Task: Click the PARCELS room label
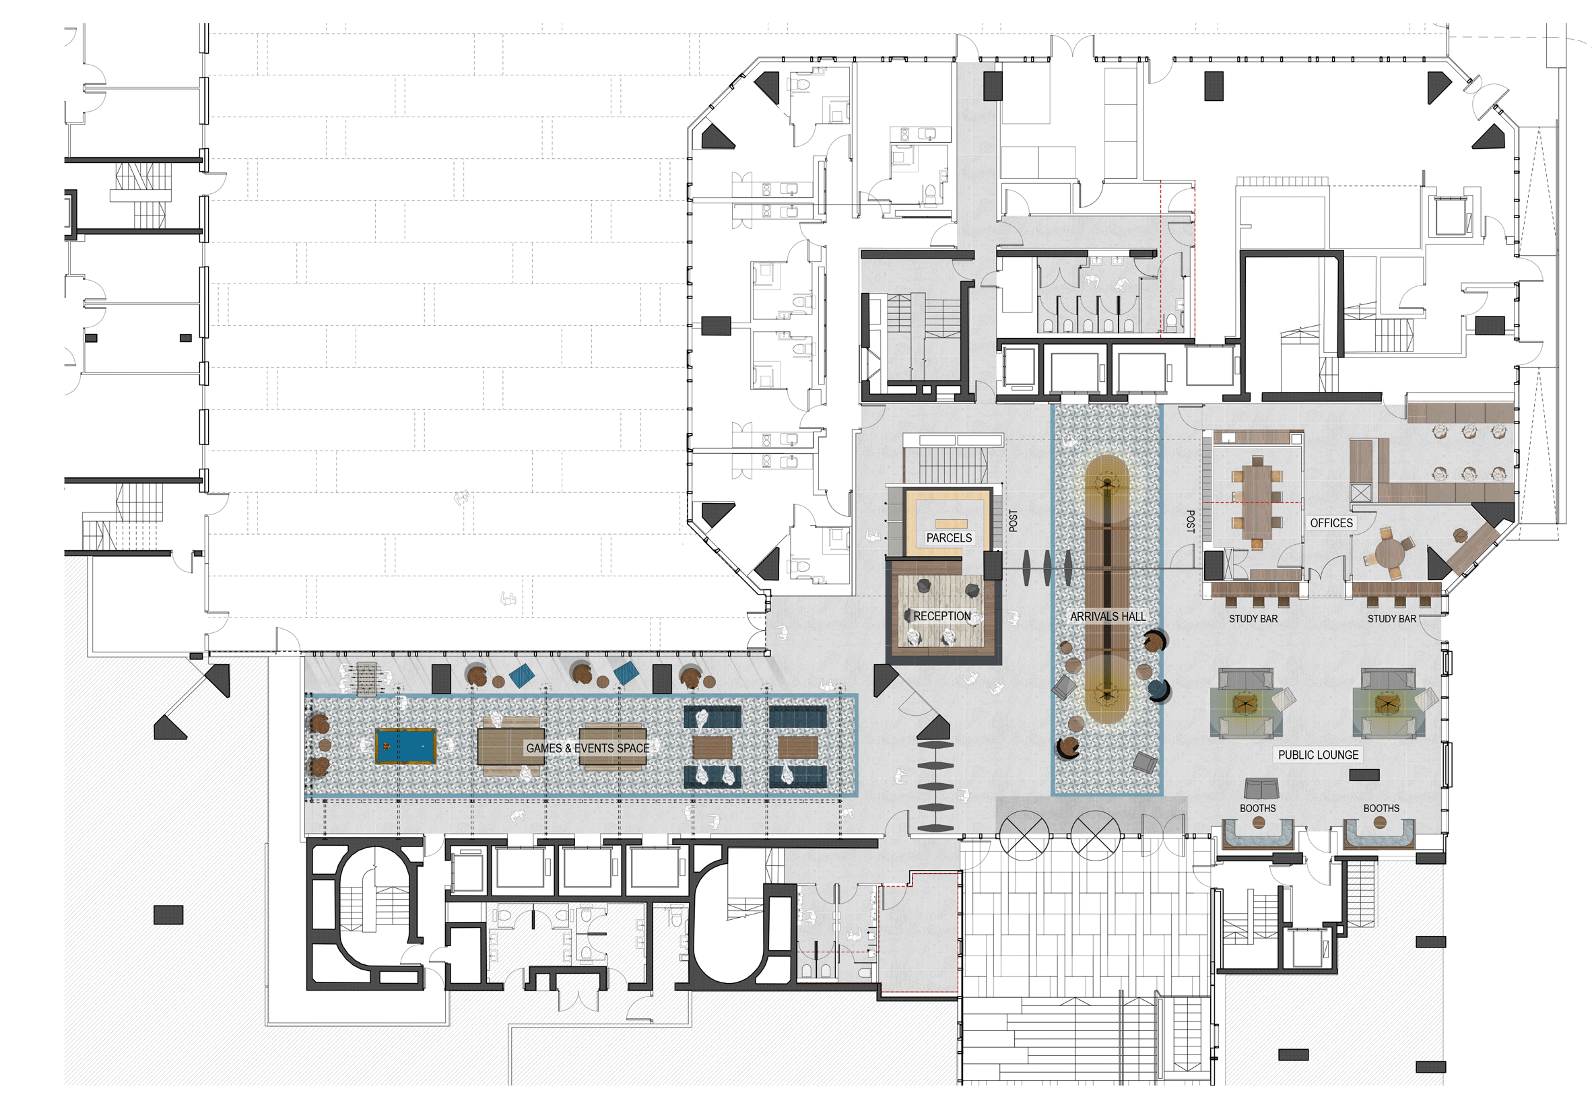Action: point(949,537)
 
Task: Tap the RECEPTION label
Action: point(941,615)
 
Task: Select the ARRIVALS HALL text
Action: point(1108,616)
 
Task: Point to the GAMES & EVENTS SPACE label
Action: point(587,747)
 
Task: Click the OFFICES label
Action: point(1331,523)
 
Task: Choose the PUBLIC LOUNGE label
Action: point(1318,755)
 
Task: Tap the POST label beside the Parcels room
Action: point(1013,521)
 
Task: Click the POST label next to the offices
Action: point(1190,521)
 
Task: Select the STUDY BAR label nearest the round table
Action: point(1391,619)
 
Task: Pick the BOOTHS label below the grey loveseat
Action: point(1257,808)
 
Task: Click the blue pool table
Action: point(405,745)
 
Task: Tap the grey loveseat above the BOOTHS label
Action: point(1261,789)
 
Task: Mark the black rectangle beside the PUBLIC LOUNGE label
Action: point(1364,774)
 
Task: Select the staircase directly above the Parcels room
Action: point(952,465)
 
